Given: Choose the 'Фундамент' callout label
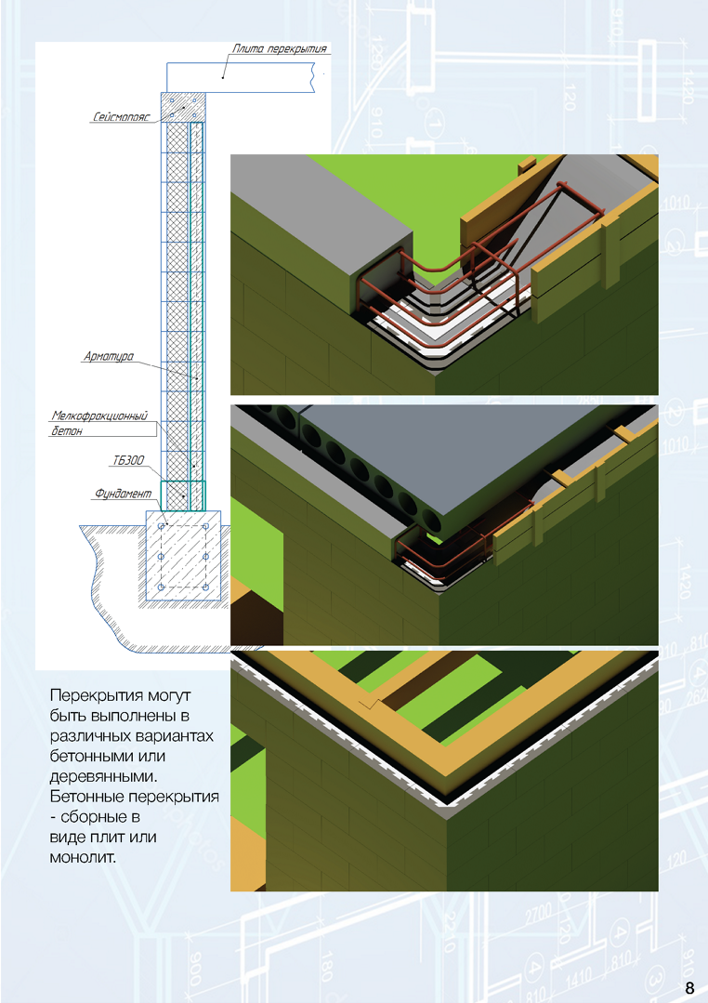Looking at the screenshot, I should pos(118,495).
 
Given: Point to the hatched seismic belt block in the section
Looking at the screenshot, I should pos(183,107).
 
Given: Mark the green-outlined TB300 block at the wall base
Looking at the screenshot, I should pos(182,495).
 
